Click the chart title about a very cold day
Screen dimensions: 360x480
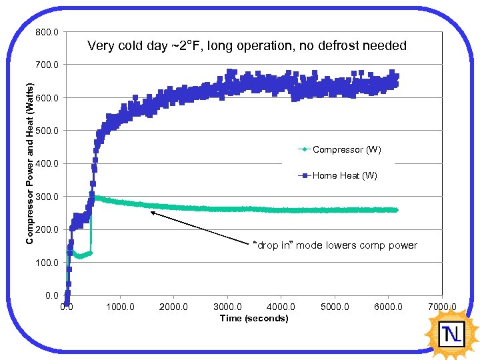coord(247,46)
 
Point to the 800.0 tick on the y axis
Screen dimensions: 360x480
coord(48,32)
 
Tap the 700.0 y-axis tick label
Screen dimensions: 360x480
coord(48,65)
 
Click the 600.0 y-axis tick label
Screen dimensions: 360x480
coord(48,98)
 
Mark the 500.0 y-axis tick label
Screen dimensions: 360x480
coord(48,131)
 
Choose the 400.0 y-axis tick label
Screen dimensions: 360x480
coord(48,163)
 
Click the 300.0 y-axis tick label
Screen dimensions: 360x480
coord(48,197)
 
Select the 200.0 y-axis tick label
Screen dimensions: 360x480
coord(48,229)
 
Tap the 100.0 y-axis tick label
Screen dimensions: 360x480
coord(48,262)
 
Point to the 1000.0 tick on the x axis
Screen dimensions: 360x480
coord(120,307)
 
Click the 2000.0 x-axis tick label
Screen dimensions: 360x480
coord(174,307)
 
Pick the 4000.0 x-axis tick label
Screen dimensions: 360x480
coord(281,307)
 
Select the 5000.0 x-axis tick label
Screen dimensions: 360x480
coord(335,307)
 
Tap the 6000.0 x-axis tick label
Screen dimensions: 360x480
coord(389,307)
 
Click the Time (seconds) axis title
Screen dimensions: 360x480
coord(254,319)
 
